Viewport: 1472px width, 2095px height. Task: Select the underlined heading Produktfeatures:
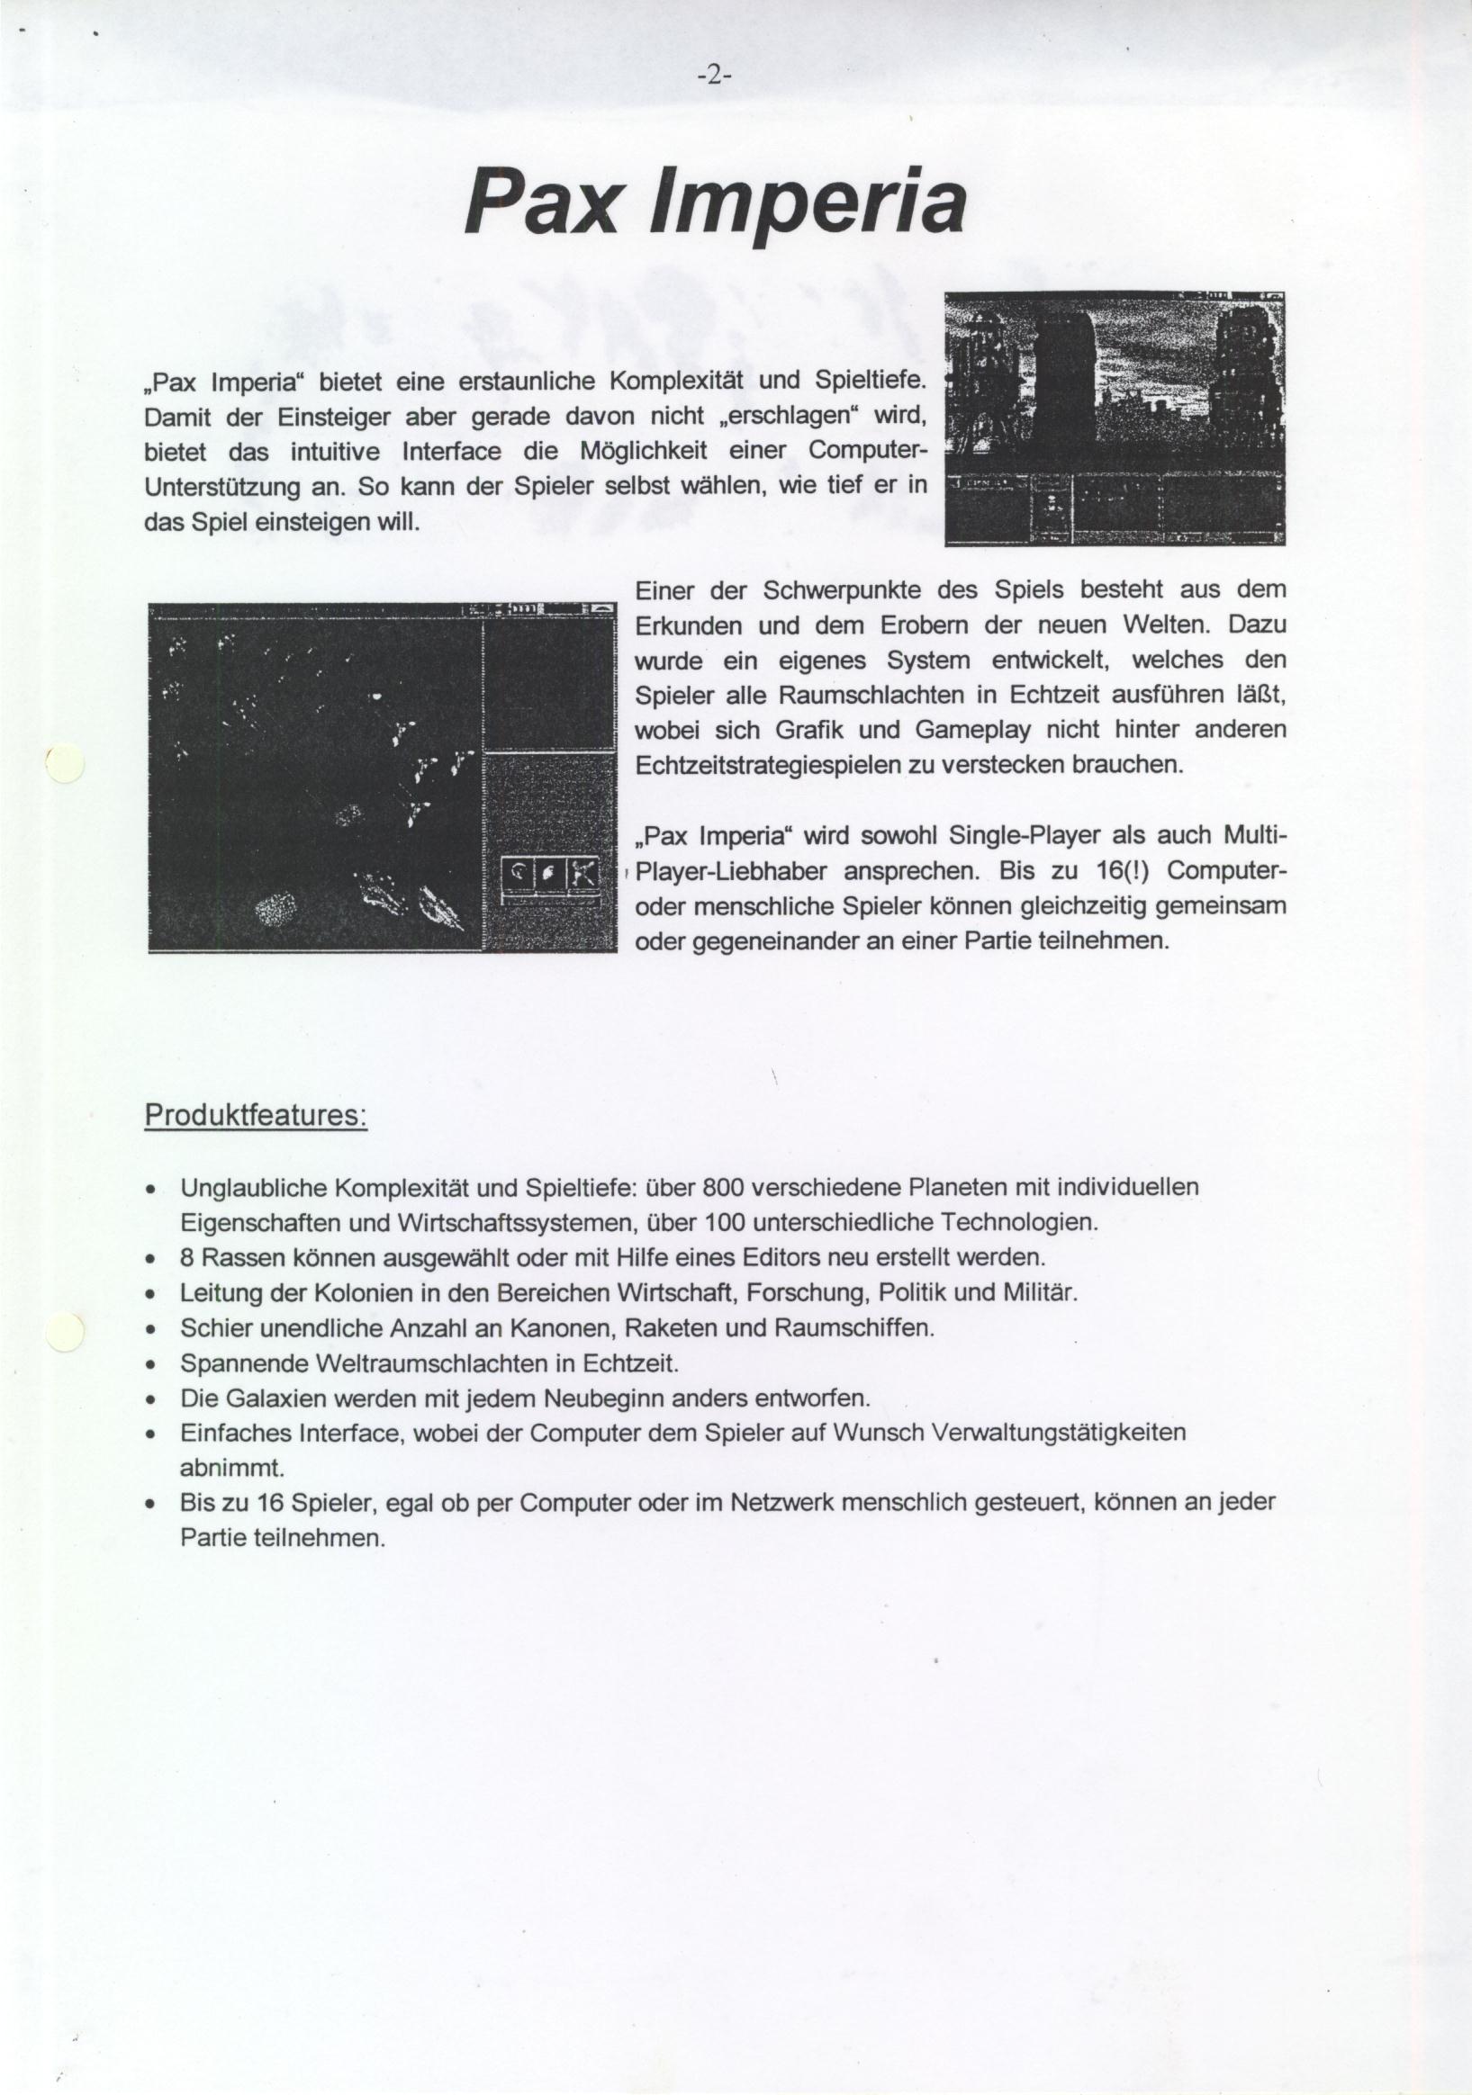point(256,1116)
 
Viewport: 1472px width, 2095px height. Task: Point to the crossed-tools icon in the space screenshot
point(582,874)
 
